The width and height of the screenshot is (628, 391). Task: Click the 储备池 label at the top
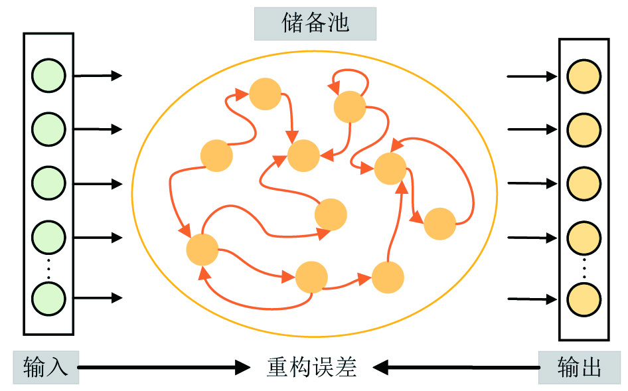tap(315, 24)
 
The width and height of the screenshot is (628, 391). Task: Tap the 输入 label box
tap(46, 367)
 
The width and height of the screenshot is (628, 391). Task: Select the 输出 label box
tap(580, 367)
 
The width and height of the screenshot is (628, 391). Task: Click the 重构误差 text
tap(311, 367)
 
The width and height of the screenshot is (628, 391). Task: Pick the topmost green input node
tap(48, 75)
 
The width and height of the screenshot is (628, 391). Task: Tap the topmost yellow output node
tap(584, 76)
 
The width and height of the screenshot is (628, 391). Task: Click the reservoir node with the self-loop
tap(350, 106)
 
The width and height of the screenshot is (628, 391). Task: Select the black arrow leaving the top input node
tap(98, 76)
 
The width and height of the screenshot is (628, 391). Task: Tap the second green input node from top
tap(48, 128)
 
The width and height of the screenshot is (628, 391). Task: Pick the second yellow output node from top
tap(584, 129)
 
